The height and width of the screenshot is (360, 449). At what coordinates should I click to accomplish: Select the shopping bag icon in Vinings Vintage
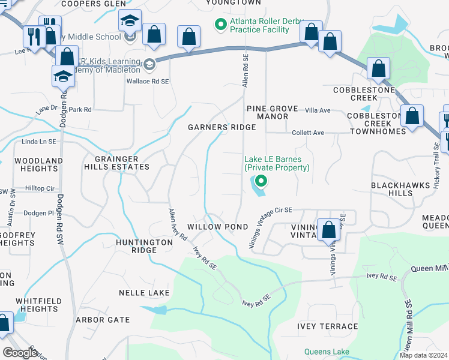pyautogui.click(x=329, y=230)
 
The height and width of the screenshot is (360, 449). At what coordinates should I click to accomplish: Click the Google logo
pyautogui.click(x=20, y=353)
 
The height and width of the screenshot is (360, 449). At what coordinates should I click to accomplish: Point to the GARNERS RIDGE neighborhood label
pyautogui.click(x=221, y=127)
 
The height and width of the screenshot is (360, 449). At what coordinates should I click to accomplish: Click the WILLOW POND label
pyautogui.click(x=217, y=227)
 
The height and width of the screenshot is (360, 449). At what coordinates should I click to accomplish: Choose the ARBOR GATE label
pyautogui.click(x=103, y=320)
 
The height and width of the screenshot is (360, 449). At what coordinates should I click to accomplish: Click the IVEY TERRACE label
pyautogui.click(x=327, y=326)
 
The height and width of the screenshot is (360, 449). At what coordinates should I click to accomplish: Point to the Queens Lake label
pyautogui.click(x=327, y=352)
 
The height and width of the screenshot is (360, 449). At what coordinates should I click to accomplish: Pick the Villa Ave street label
pyautogui.click(x=318, y=110)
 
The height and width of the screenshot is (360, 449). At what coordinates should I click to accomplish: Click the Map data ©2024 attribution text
pyautogui.click(x=423, y=355)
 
